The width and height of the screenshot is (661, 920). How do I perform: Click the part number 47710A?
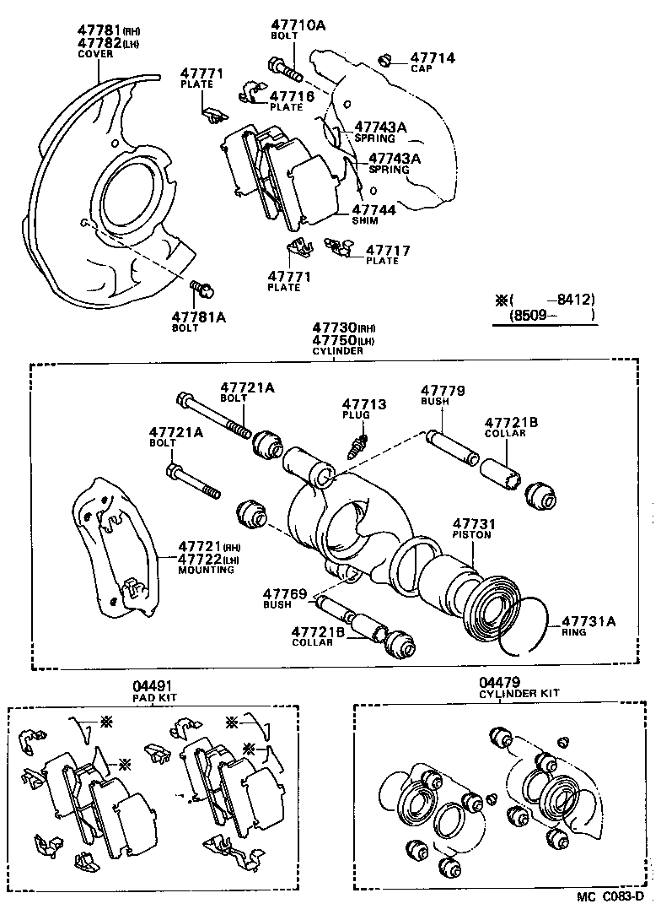click(298, 25)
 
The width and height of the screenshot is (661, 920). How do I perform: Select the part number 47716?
click(292, 96)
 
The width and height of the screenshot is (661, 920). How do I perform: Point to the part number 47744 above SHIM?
click(373, 209)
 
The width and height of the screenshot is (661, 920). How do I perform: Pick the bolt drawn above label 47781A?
click(202, 291)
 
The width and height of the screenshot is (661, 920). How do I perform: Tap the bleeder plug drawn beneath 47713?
click(358, 441)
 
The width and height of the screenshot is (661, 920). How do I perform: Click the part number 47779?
click(443, 390)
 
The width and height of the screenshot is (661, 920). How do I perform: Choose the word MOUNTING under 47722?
click(205, 570)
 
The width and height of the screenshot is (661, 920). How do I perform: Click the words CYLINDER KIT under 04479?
click(519, 693)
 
